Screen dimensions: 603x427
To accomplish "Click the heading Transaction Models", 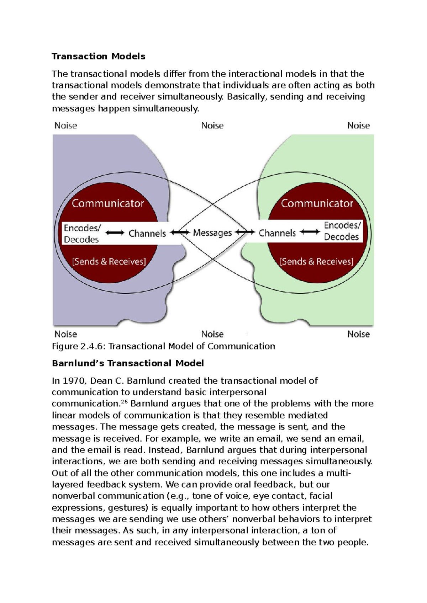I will click(98, 56).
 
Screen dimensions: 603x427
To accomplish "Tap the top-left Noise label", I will click(65, 126).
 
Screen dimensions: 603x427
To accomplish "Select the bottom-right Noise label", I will click(358, 334).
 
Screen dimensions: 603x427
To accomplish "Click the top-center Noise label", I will click(212, 126).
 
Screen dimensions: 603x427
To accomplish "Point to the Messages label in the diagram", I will click(212, 233).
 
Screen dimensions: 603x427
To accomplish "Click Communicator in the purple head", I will click(108, 203).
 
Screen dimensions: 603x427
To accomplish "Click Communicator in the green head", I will click(317, 203).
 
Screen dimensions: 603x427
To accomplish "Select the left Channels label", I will click(147, 233).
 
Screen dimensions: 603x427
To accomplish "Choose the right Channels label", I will click(277, 233).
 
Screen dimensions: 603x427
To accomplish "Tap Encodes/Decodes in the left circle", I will click(82, 234).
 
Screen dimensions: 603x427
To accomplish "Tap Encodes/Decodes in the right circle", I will click(342, 231).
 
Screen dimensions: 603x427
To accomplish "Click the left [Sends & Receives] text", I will click(109, 262).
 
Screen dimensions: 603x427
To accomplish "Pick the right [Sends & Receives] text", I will click(317, 262).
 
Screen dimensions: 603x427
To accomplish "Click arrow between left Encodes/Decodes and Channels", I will click(115, 233).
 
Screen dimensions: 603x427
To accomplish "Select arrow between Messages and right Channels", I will click(245, 233).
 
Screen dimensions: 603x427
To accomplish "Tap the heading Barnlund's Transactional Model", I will click(127, 363).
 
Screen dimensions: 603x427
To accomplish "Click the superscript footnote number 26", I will click(124, 401).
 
